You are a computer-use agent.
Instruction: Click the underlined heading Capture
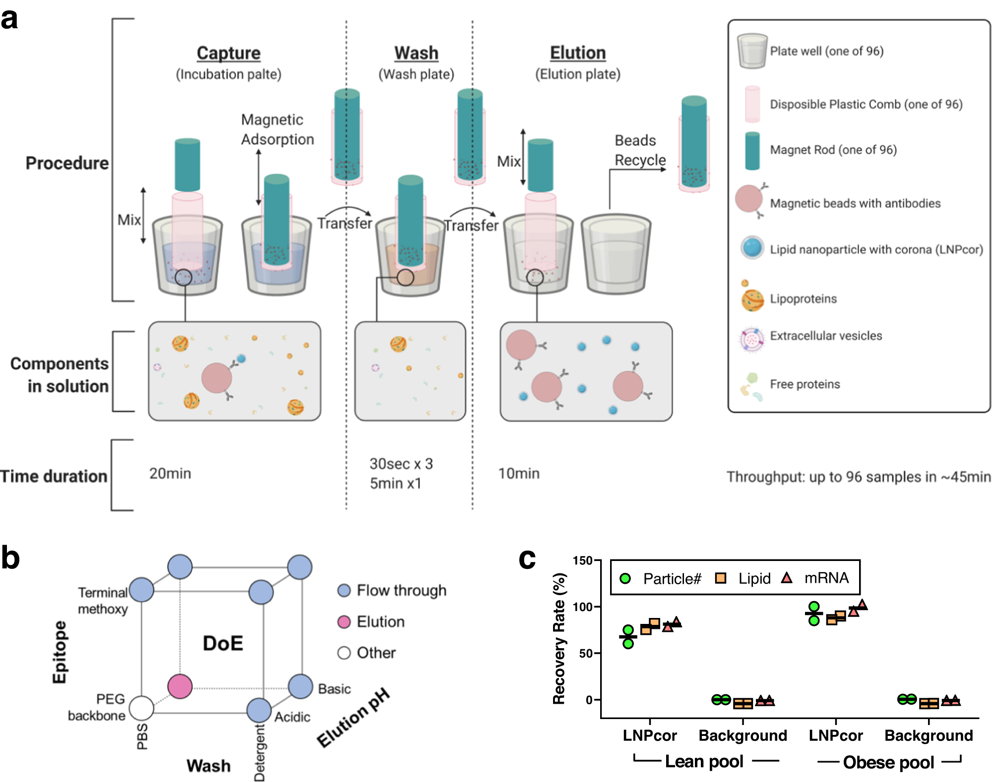pos(228,53)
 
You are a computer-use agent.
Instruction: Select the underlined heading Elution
pos(578,53)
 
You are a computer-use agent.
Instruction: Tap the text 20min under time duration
pos(170,473)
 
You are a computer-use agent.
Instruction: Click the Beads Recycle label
pos(639,150)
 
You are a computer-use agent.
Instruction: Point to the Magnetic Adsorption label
pos(277,129)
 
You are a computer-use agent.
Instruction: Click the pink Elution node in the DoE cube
pos(180,686)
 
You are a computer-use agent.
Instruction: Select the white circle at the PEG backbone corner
pos(141,708)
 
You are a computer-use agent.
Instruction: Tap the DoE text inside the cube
pos(223,643)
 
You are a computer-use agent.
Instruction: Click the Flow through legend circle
pos(344,590)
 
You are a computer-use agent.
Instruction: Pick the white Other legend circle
pos(344,653)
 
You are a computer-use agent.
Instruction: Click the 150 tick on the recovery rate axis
pos(583,560)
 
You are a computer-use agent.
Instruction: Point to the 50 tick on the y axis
pos(586,653)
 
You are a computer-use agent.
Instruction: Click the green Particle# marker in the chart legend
pos(625,578)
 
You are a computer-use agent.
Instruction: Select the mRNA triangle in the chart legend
pos(786,578)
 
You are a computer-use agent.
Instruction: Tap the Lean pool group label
pos(704,761)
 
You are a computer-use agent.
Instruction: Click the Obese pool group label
pos(888,762)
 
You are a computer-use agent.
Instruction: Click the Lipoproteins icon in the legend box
pos(752,300)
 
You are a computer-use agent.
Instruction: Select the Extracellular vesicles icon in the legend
pos(751,339)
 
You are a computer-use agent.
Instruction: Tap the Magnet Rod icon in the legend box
pos(752,151)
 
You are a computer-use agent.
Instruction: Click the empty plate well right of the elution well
pos(616,255)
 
